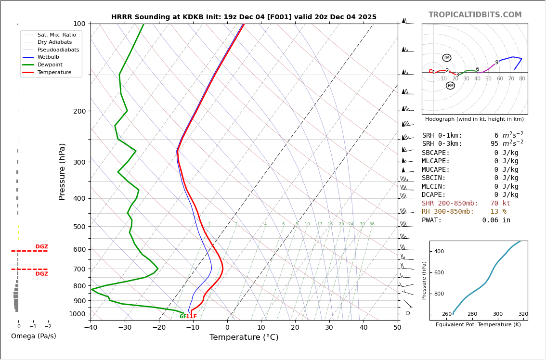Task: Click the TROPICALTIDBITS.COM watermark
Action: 475,15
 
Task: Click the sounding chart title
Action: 244,17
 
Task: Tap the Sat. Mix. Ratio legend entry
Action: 56,35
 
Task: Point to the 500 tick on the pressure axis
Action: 79,227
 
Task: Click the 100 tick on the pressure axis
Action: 79,24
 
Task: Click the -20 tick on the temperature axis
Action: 159,328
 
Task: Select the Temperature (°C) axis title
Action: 244,337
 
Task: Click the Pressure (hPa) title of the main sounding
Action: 63,171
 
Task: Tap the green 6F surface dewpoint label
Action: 182,317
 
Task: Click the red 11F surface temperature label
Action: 192,317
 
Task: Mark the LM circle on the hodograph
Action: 447,58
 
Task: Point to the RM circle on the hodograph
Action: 450,86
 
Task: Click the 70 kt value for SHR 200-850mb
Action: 500,204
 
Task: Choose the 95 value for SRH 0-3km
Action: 494,144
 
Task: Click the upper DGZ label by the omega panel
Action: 41,247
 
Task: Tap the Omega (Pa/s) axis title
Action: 33,336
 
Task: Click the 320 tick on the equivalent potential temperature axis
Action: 523,314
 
